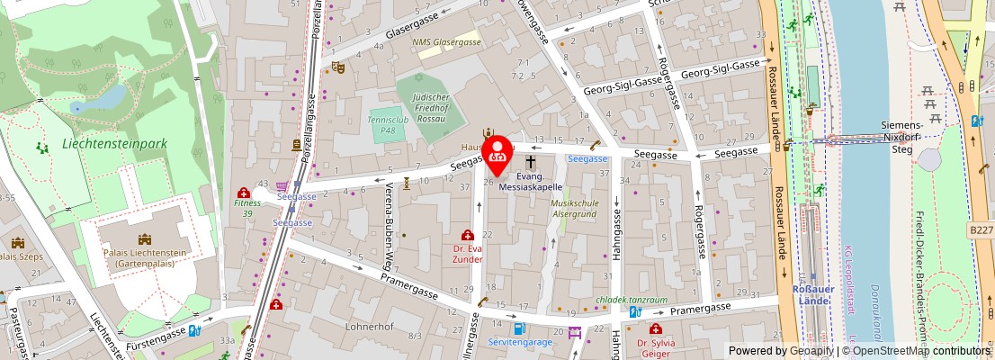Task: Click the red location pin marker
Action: [497, 153]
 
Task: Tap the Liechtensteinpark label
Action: [115, 143]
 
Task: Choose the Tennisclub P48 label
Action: [388, 124]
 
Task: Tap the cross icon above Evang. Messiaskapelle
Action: [531, 162]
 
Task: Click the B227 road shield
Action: [982, 231]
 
